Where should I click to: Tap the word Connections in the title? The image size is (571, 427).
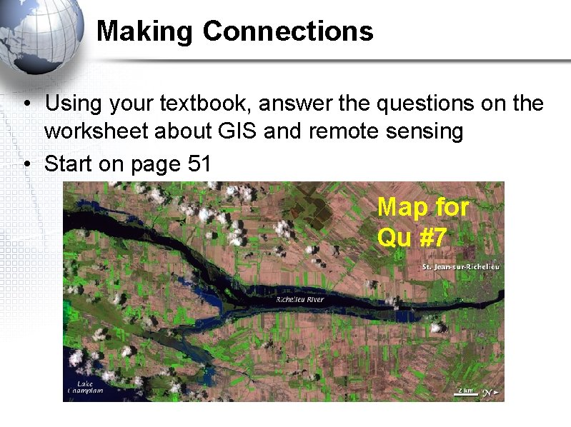tap(287, 31)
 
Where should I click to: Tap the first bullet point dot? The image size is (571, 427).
tap(25, 105)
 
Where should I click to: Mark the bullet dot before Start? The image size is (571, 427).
tap(25, 165)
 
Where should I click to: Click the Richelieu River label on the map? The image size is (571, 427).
tap(299, 300)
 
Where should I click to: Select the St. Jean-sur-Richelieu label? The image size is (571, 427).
tap(460, 266)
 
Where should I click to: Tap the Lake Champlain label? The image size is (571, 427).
tap(85, 387)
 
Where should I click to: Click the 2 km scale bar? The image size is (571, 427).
tap(465, 391)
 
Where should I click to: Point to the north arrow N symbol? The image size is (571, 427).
tap(488, 392)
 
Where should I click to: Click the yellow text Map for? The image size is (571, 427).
tap(422, 207)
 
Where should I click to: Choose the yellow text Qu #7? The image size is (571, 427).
tap(412, 237)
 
